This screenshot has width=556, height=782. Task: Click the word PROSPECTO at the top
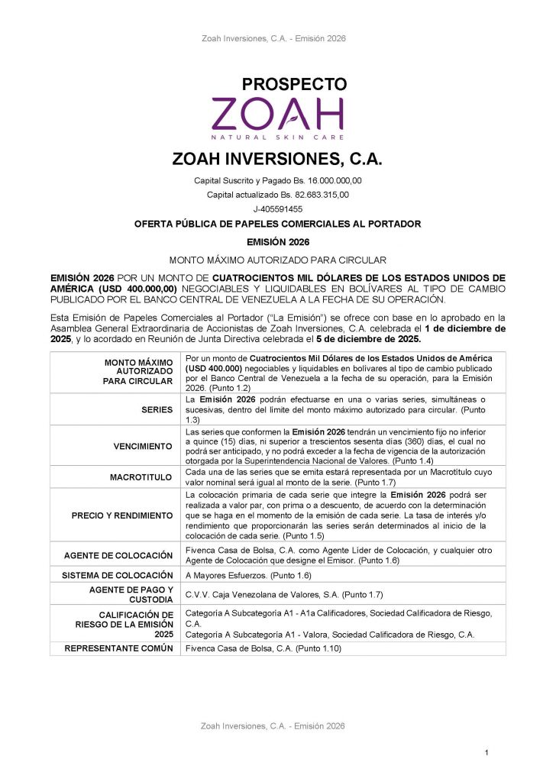pos(294,84)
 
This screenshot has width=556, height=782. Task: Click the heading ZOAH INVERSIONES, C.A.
pos(277,160)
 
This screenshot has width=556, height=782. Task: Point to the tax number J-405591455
pos(277,208)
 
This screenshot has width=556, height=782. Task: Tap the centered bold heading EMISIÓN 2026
pos(277,241)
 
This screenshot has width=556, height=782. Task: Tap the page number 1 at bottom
pos(486,754)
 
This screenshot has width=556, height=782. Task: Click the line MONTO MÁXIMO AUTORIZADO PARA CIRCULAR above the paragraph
pos(277,260)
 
